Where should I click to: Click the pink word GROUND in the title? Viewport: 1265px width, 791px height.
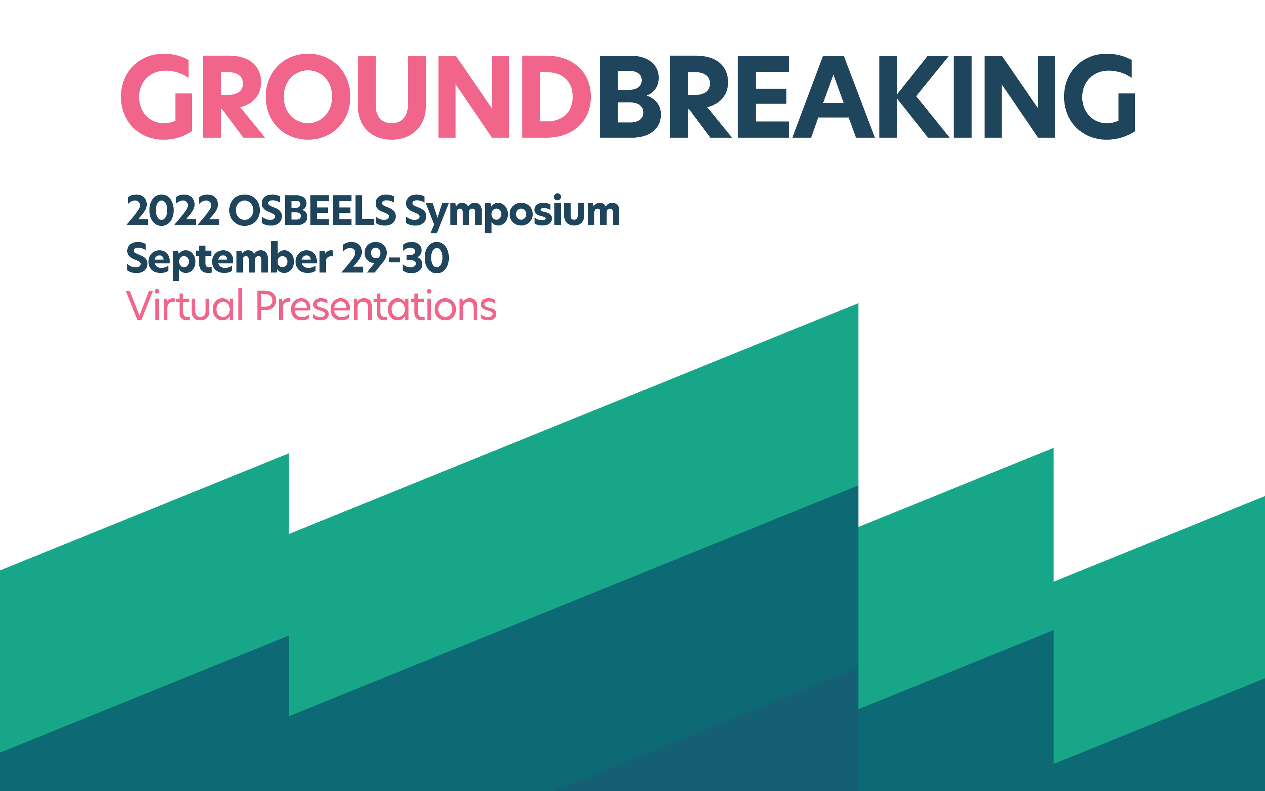[355, 97]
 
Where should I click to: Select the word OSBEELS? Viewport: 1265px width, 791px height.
[312, 211]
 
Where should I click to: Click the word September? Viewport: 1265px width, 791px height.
[229, 258]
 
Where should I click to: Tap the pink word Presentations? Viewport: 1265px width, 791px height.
[376, 306]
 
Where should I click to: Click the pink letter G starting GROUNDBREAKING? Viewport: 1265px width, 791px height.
[156, 97]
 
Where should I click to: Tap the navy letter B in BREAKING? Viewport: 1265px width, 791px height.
[629, 97]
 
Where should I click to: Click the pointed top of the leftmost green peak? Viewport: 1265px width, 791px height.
[287, 456]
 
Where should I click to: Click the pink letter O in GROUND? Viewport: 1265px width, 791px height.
[308, 97]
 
